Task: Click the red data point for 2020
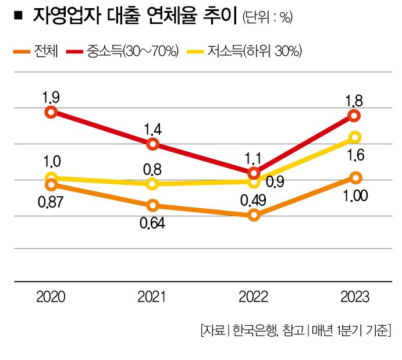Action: click(x=51, y=112)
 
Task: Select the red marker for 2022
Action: click(x=254, y=173)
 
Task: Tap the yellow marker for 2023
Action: click(x=355, y=137)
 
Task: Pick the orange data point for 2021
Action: click(x=152, y=205)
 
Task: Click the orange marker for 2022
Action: click(x=254, y=215)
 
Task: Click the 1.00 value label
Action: click(x=354, y=195)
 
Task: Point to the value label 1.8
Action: click(x=354, y=100)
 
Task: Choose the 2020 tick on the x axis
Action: click(x=51, y=297)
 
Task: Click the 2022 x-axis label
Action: click(x=253, y=297)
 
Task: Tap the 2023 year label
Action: click(x=354, y=297)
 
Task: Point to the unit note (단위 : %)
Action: click(x=267, y=18)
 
